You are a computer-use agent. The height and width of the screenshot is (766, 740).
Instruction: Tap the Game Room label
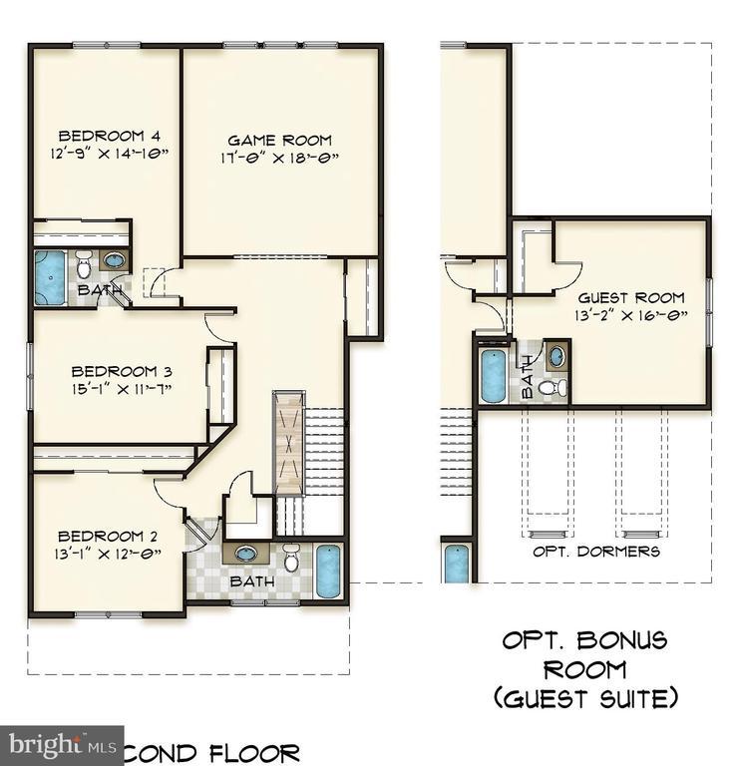tap(279, 141)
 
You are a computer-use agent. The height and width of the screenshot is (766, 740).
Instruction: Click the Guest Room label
tap(631, 297)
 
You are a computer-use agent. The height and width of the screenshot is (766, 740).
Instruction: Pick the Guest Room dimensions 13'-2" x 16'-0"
tap(631, 314)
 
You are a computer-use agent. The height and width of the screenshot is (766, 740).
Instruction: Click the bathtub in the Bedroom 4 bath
tap(50, 276)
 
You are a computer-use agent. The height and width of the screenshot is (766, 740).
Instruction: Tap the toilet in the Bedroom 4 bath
tap(84, 266)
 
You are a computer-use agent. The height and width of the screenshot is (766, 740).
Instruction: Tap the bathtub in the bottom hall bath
tap(328, 571)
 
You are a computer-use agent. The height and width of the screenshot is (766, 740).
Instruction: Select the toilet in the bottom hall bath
tap(291, 560)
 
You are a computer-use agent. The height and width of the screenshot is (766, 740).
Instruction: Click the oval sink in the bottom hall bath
tap(245, 555)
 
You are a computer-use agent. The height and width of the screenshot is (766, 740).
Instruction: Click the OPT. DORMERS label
tap(596, 552)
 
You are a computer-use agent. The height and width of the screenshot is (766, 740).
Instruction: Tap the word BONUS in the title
tap(623, 640)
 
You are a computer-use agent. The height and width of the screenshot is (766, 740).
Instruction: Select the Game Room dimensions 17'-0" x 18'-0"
tap(279, 158)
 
